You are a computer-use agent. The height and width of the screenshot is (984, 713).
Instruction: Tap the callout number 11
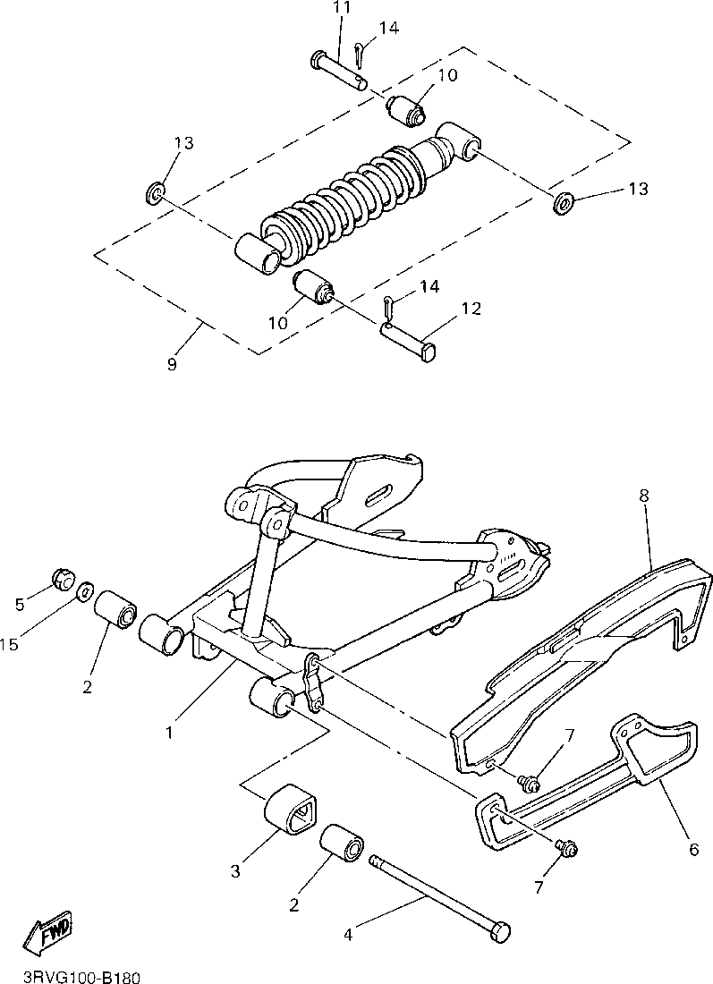(x=341, y=8)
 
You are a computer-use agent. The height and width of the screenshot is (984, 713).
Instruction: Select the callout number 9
(x=172, y=364)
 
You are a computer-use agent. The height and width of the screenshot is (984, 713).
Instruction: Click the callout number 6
(x=693, y=849)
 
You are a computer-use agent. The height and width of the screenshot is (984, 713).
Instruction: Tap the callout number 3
(x=236, y=870)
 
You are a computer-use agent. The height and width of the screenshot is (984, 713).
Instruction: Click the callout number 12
(x=471, y=309)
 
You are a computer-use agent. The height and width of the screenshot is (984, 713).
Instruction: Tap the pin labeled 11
(x=340, y=71)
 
